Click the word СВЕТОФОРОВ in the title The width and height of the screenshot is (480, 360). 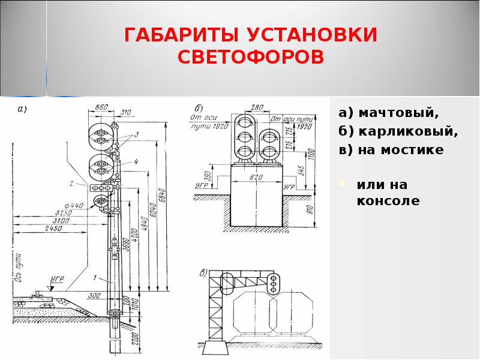tap(251, 58)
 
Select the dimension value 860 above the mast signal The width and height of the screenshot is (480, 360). tap(101, 107)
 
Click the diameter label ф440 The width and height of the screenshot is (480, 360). tap(74, 205)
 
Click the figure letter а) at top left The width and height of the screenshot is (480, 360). tap(23, 109)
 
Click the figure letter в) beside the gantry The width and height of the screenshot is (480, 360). tap(204, 273)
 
